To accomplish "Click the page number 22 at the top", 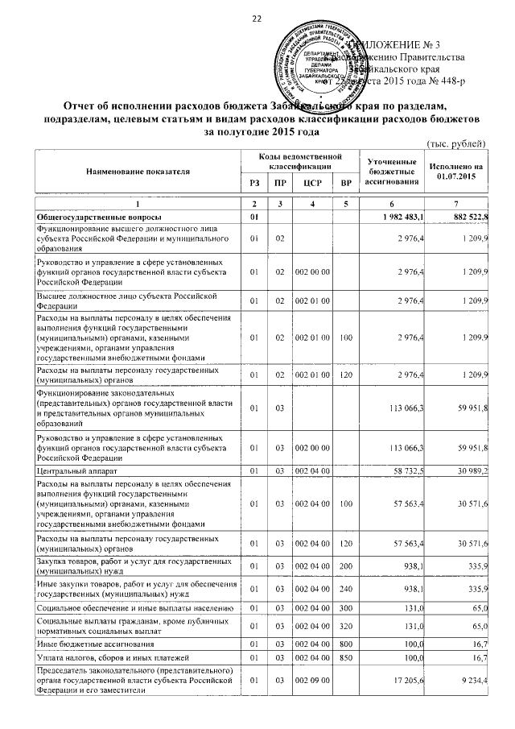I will point(257,19).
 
